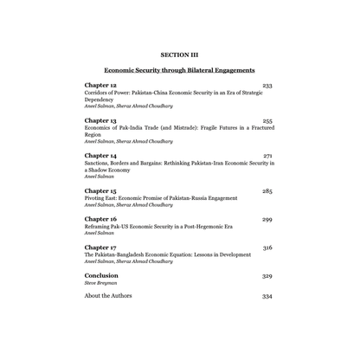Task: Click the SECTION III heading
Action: click(x=179, y=55)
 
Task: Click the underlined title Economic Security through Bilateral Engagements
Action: click(x=179, y=69)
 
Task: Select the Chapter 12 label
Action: click(x=100, y=86)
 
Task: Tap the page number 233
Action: click(x=267, y=86)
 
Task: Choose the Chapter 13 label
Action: click(x=100, y=120)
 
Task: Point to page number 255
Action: click(x=267, y=121)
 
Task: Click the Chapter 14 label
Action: click(x=100, y=155)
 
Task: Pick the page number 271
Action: click(x=267, y=156)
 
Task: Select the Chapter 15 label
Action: click(x=100, y=190)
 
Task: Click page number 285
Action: click(x=267, y=190)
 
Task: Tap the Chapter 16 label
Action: click(x=100, y=219)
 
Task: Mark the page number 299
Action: click(x=267, y=220)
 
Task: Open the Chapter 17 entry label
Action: click(x=100, y=247)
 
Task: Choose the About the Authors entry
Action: click(x=108, y=296)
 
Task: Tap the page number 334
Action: click(x=267, y=297)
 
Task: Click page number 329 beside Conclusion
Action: click(x=267, y=277)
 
